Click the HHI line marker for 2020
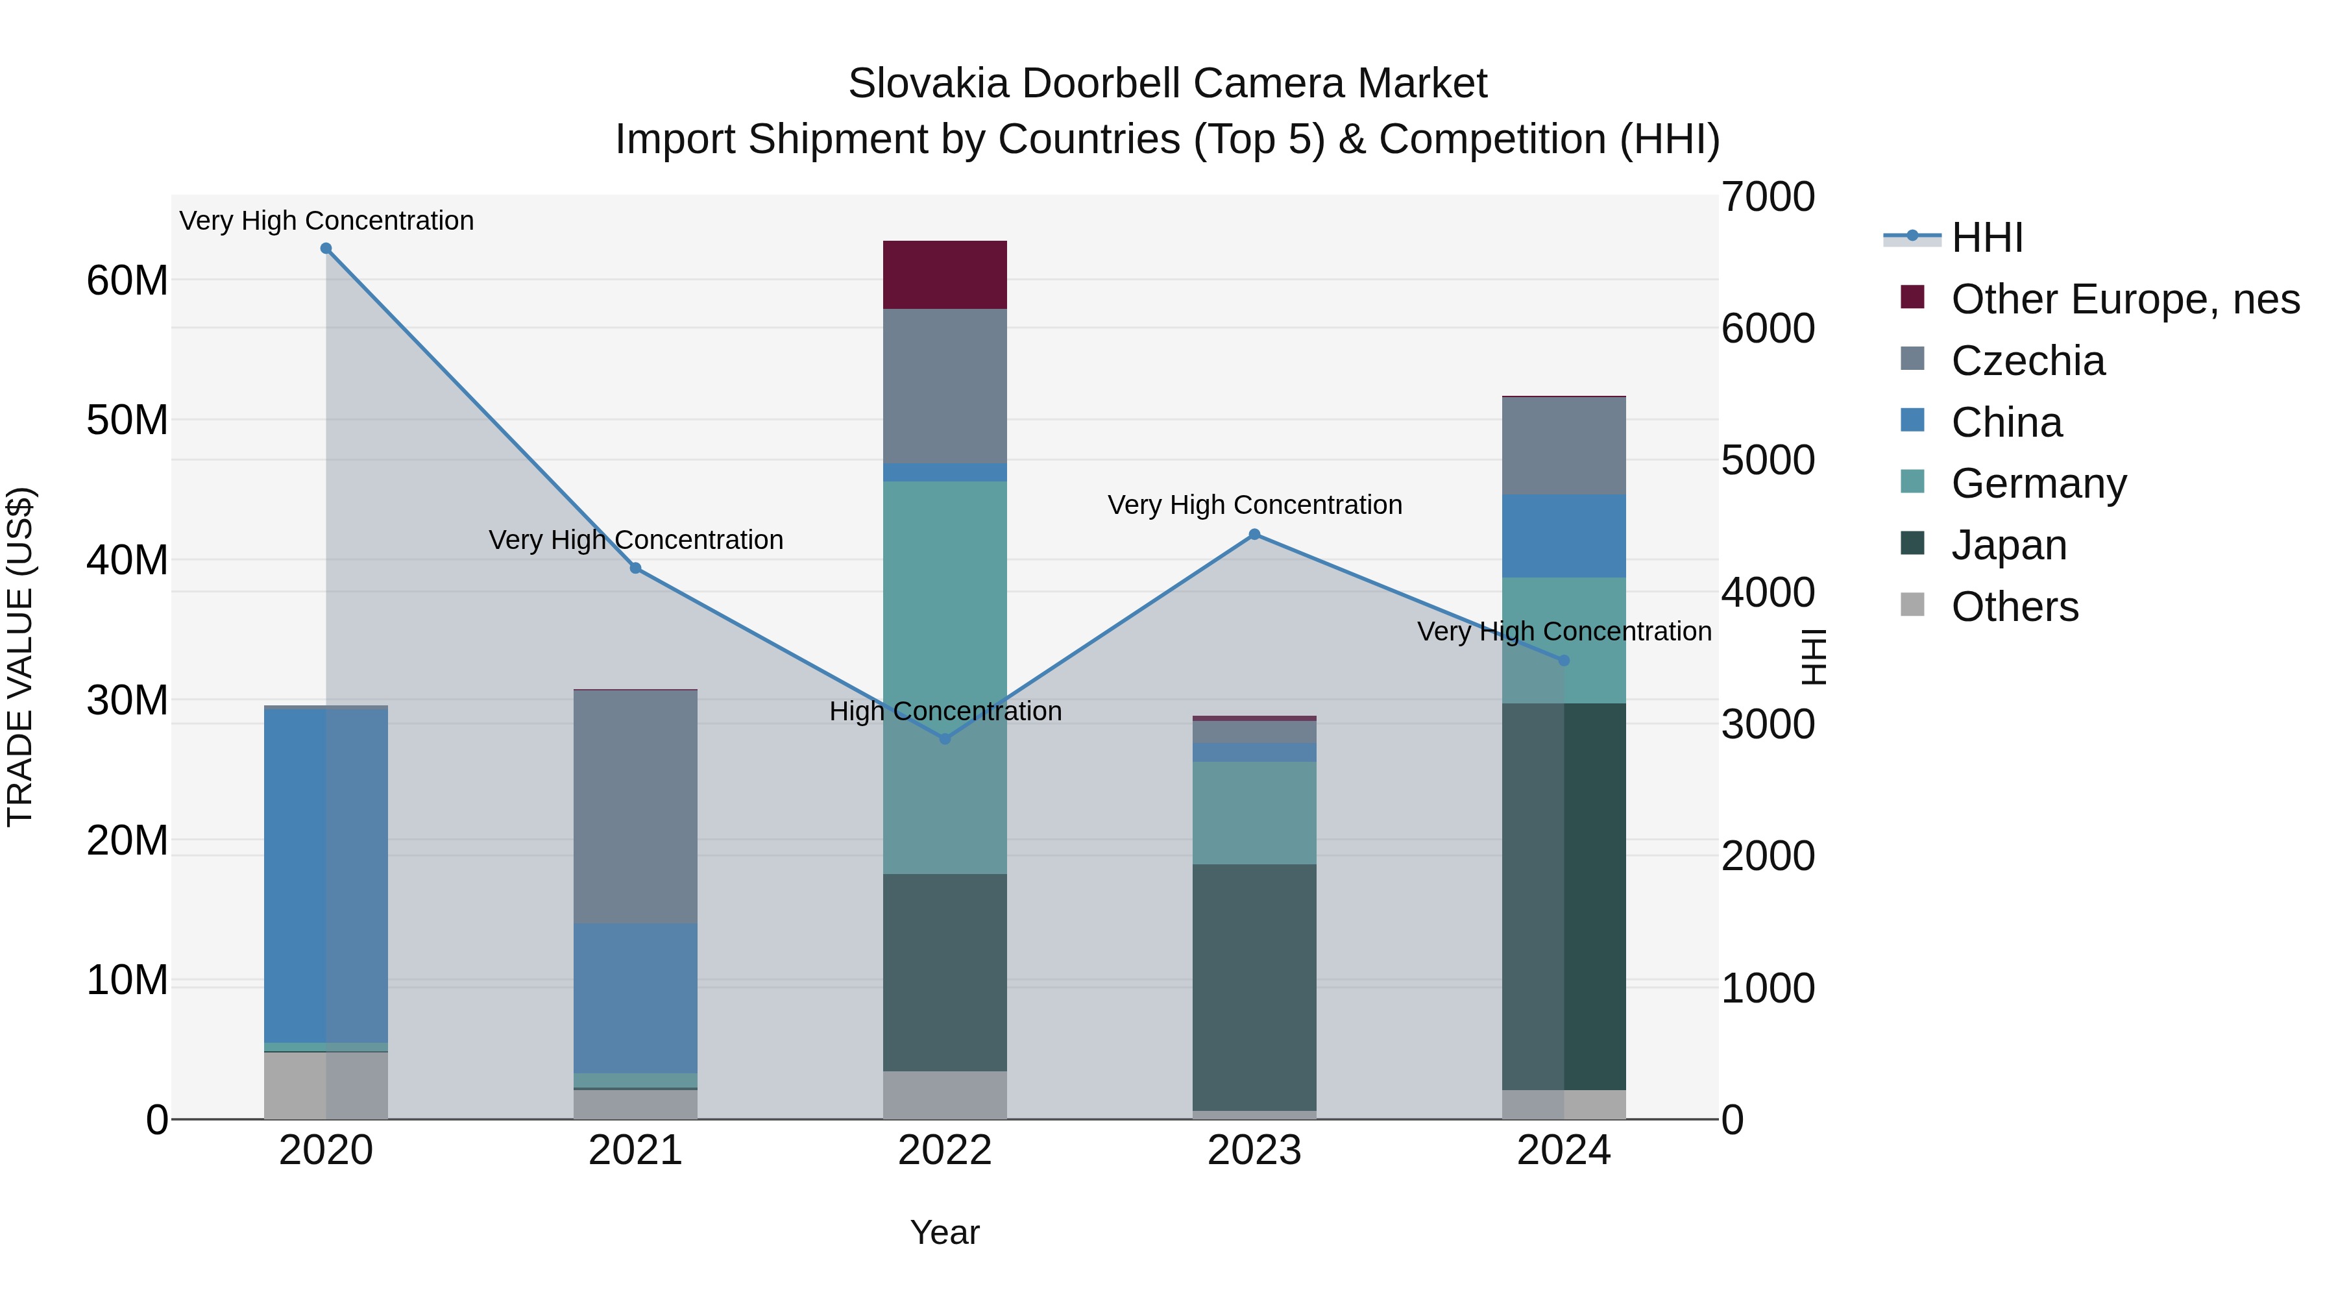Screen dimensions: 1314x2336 click(326, 249)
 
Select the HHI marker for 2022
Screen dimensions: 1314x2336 click(945, 739)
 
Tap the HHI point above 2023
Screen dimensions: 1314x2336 click(1254, 535)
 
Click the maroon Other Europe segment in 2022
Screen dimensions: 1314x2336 click(945, 274)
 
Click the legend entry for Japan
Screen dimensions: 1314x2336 click(2008, 545)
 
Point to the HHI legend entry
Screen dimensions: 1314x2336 click(1987, 237)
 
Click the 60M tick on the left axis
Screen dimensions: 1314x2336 click(127, 280)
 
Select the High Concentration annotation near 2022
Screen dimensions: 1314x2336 click(945, 711)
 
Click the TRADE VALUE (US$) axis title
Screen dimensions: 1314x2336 click(20, 657)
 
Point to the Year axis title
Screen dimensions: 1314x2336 click(945, 1232)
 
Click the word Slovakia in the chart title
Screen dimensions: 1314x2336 click(928, 84)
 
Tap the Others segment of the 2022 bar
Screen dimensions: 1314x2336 click(945, 1095)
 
